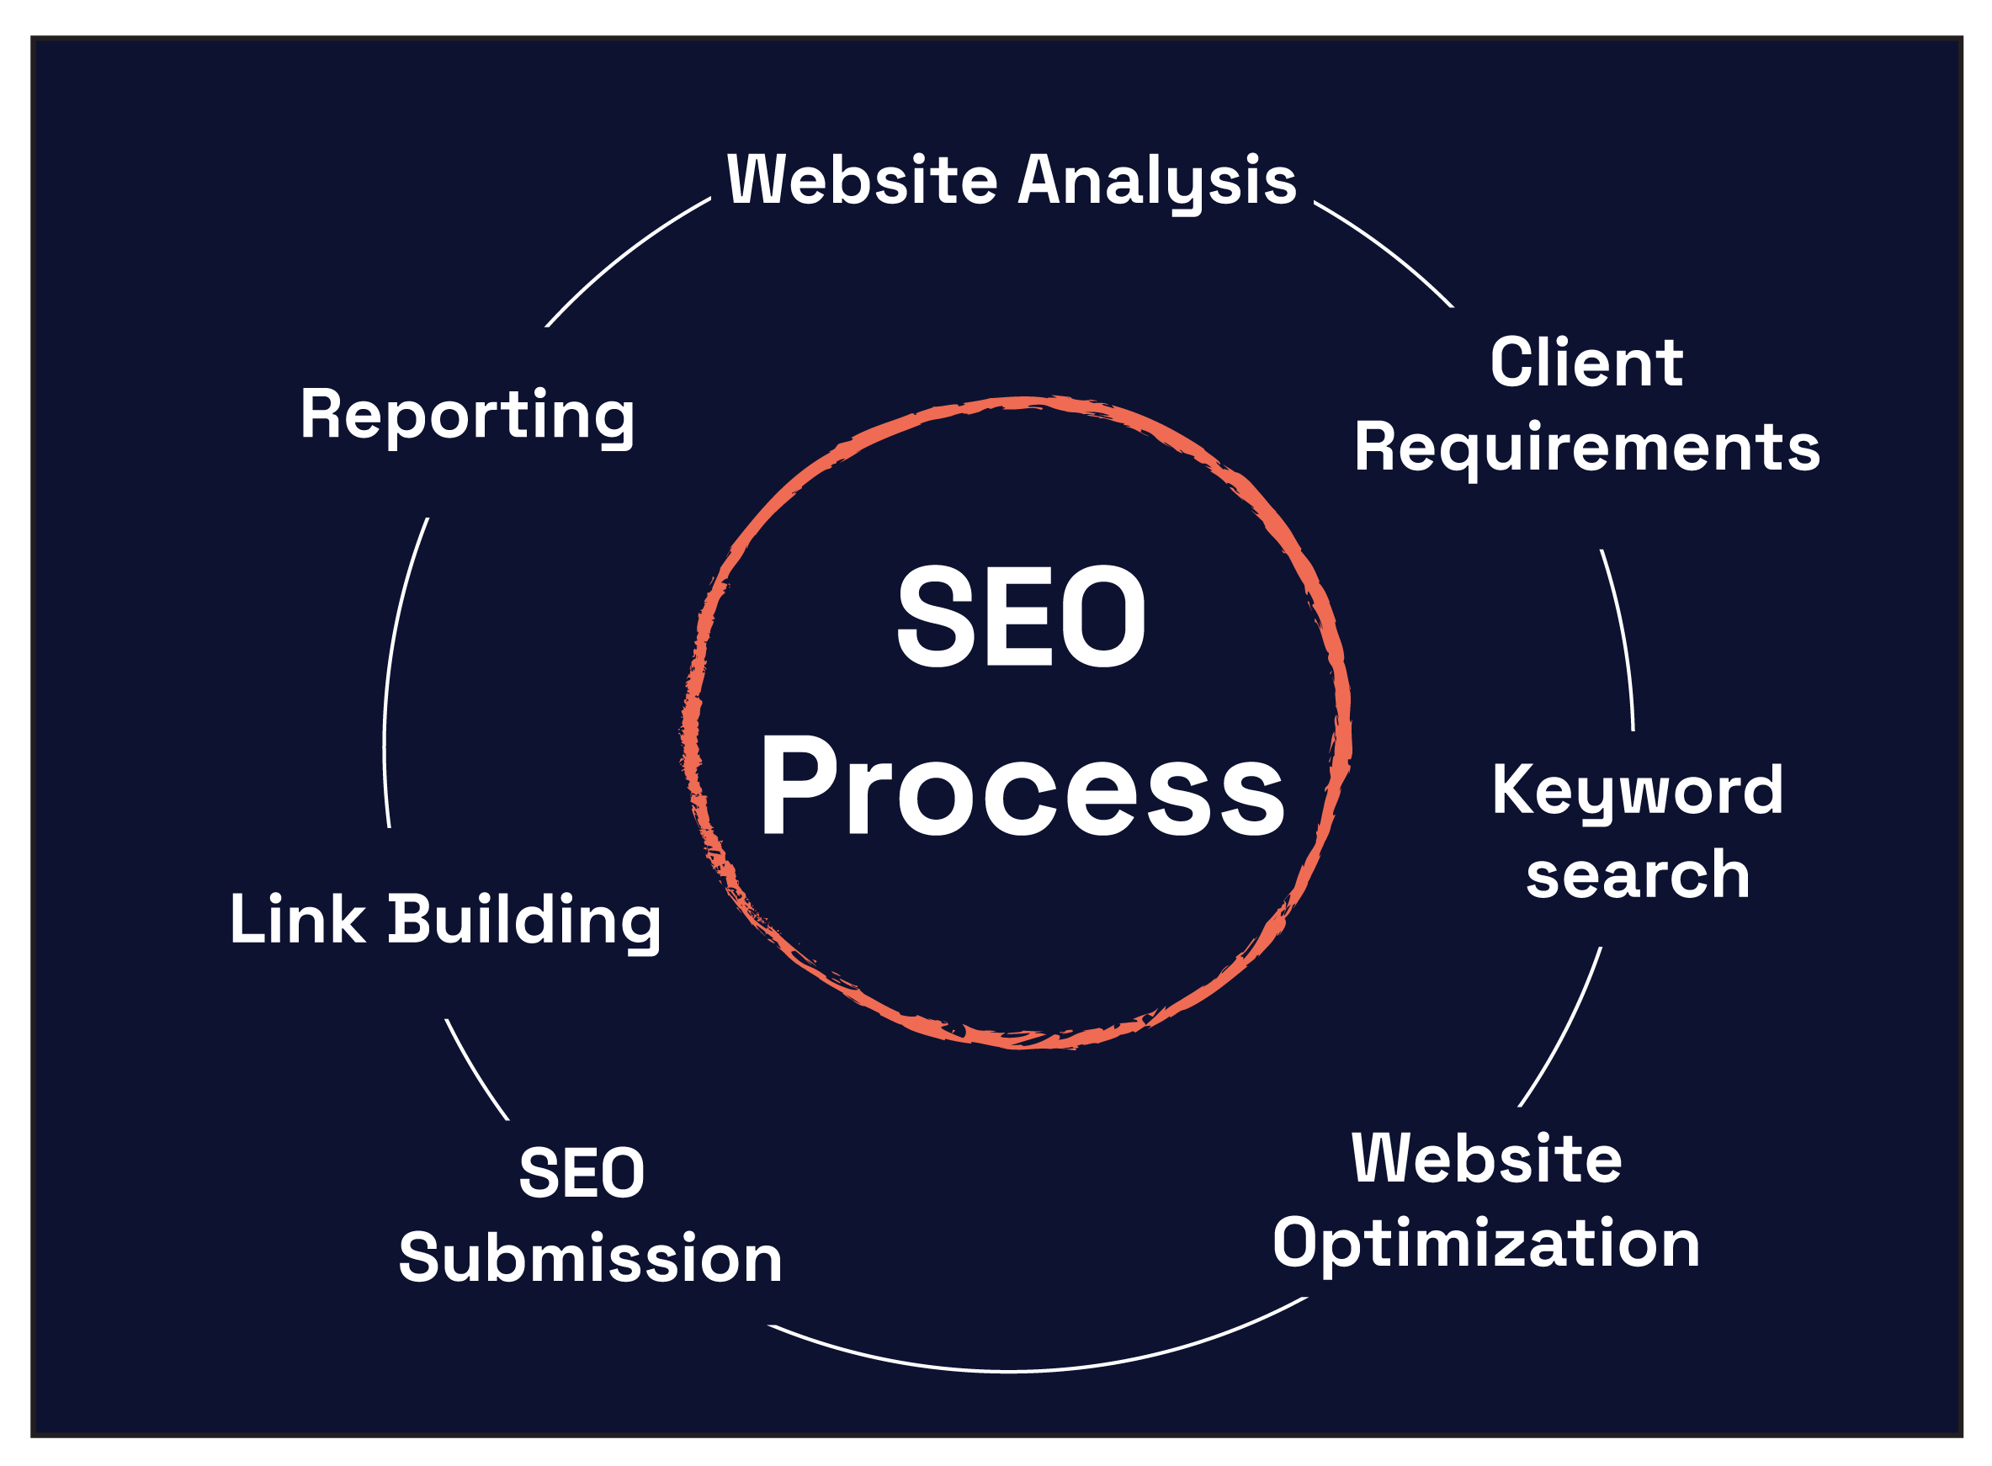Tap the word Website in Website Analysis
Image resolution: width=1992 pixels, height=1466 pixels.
(x=862, y=180)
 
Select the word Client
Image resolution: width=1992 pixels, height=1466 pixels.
(x=1586, y=363)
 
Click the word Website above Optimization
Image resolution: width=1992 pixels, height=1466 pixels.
(x=1487, y=1159)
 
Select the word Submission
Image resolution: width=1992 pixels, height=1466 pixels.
(x=590, y=1257)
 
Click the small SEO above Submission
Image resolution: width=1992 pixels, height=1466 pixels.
(x=582, y=1173)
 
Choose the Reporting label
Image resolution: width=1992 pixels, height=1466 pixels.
(x=467, y=414)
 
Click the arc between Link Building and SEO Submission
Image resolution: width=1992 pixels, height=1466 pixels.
(x=475, y=1072)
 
